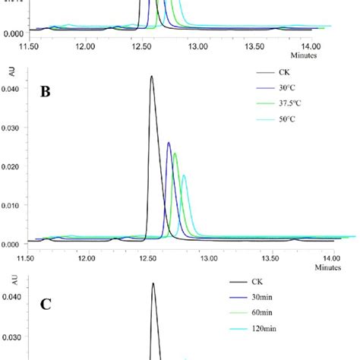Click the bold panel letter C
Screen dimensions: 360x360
point(46,305)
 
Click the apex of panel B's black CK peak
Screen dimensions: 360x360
point(152,76)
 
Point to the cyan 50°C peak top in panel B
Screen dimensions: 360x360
point(184,175)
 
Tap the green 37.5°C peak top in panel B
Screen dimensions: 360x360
point(175,153)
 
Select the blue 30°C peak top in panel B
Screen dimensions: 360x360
point(169,142)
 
